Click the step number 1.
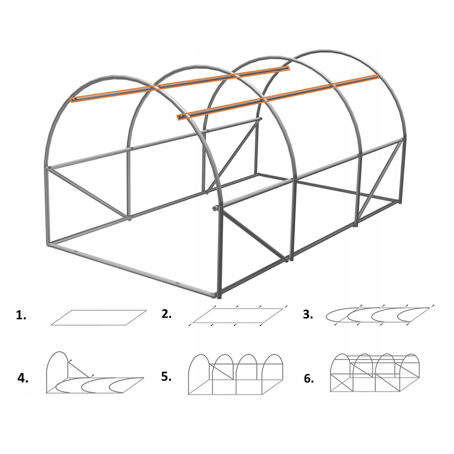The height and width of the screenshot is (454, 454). tap(21, 316)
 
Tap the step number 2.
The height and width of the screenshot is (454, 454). tap(167, 314)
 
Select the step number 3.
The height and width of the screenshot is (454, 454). tap(308, 314)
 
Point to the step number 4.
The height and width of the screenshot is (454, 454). tap(23, 378)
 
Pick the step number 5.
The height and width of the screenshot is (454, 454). tap(166, 376)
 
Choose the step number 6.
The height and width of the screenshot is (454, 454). tap(309, 378)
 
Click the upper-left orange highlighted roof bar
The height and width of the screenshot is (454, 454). tap(179, 84)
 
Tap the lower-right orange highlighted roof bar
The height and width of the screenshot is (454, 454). tap(278, 97)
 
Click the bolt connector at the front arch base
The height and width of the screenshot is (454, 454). tap(215, 207)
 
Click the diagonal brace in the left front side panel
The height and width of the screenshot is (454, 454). tap(89, 193)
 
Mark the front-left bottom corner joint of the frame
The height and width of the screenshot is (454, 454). tap(49, 245)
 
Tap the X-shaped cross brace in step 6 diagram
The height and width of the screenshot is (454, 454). tap(342, 383)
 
